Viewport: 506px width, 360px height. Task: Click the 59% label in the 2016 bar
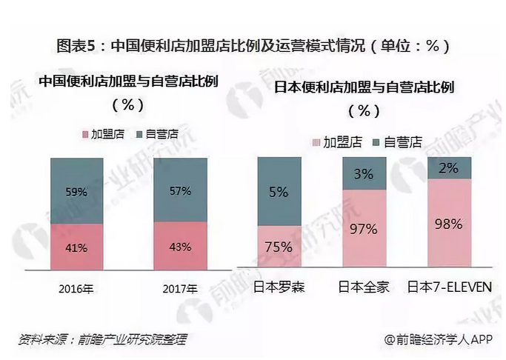point(76,192)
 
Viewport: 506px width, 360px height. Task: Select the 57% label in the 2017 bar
point(179,190)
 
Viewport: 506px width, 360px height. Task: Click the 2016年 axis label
point(76,287)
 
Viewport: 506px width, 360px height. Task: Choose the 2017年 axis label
point(179,287)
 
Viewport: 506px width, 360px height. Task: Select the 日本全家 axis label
point(364,287)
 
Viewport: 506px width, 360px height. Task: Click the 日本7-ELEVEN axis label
point(450,287)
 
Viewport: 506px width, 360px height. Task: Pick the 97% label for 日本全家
point(364,228)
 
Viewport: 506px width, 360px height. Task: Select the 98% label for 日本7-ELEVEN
point(450,224)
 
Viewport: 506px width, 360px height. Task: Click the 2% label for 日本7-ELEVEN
point(450,168)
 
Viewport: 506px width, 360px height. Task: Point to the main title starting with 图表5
point(253,46)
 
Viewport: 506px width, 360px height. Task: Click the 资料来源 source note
point(103,339)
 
